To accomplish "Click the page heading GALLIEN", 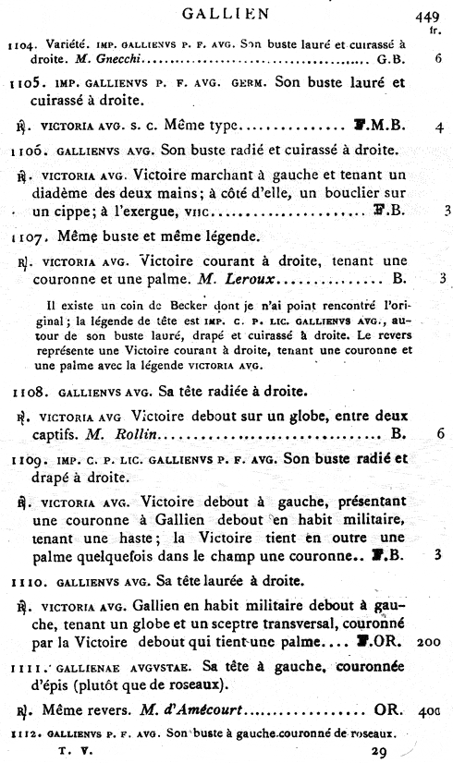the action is [226, 13].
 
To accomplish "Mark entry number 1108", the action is [21, 395].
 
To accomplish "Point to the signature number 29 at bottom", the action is [378, 754].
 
